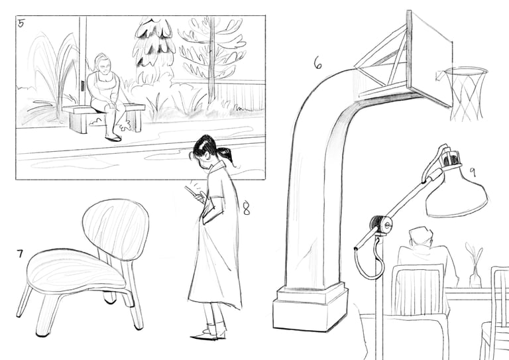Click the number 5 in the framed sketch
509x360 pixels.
click(21, 23)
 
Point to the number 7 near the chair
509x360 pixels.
click(20, 253)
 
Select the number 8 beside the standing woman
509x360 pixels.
click(247, 208)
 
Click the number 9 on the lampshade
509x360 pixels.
click(473, 172)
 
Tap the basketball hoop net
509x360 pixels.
click(466, 94)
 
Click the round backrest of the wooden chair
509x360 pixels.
click(115, 229)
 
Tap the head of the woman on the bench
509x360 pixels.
click(101, 63)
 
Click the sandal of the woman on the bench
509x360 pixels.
click(113, 139)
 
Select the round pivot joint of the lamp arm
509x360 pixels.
click(381, 224)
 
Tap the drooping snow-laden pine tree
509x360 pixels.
click(153, 48)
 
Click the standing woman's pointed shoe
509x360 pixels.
click(205, 335)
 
